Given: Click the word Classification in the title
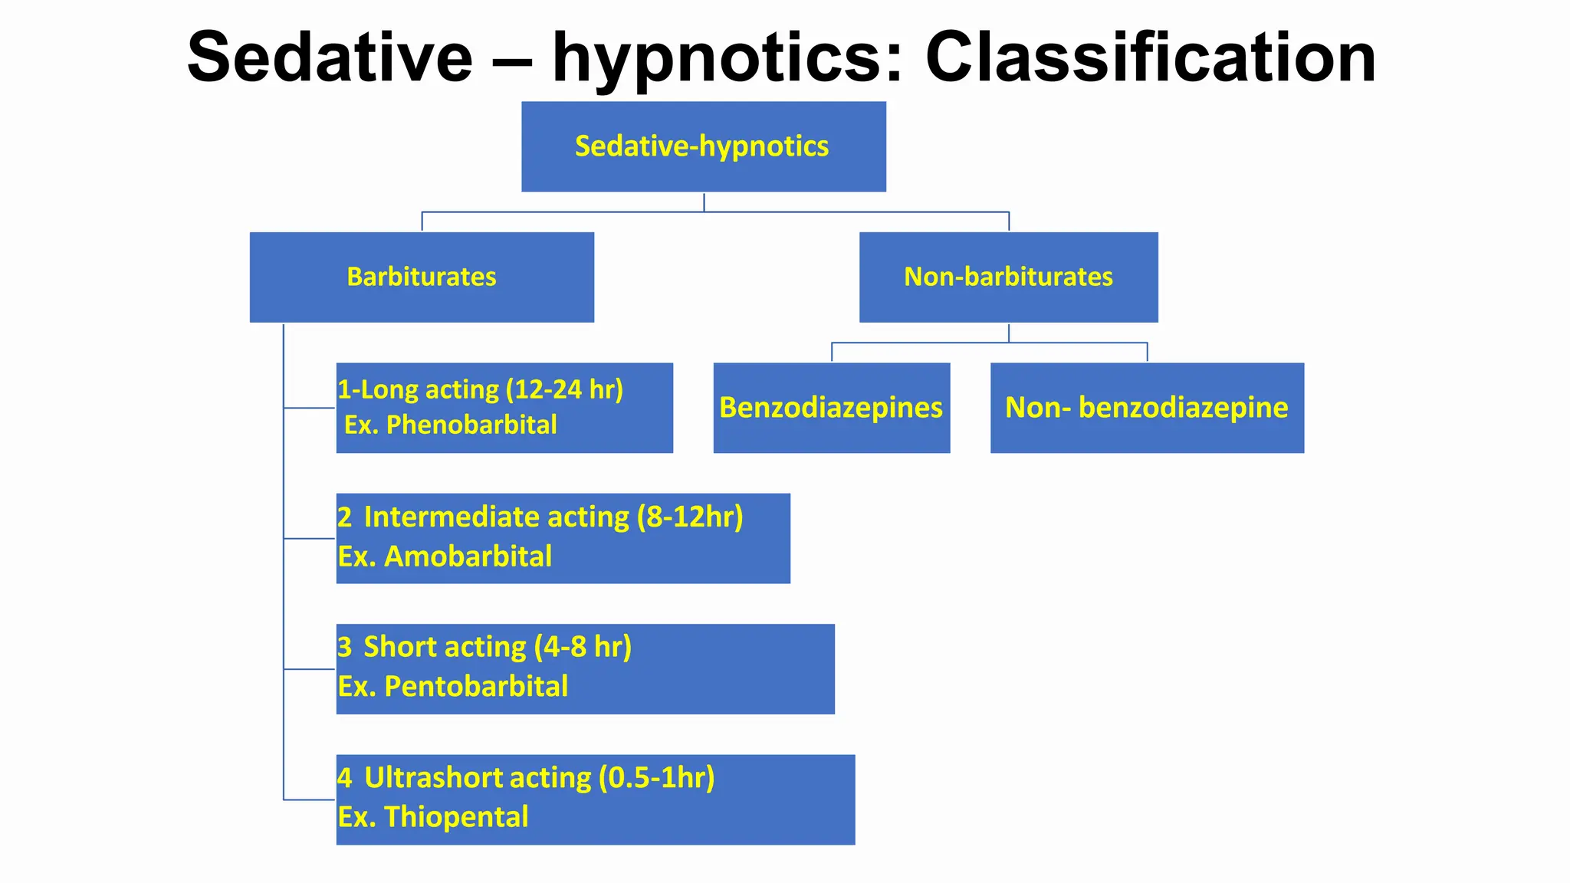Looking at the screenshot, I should coord(1151,57).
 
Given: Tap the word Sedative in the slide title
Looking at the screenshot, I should coord(330,57).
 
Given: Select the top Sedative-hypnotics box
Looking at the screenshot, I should coord(703,146).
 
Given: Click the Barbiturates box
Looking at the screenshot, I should coord(422,277).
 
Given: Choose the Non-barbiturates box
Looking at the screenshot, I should coord(1008,277).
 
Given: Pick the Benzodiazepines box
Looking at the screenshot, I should coord(831,408).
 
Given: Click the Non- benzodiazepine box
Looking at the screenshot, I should coord(1147,408).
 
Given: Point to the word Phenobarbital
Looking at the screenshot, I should coord(471,425).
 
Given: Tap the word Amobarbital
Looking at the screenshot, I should coord(468,556).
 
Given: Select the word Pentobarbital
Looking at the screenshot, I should coord(476,687).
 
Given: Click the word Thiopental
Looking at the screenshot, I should coord(456,817).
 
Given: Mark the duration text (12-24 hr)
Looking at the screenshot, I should coord(564,389).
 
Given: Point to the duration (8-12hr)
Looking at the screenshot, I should coord(690,517).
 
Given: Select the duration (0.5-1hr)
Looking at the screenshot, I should coord(656,778).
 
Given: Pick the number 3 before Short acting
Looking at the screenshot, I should coord(345,648).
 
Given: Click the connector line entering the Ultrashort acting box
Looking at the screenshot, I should coord(310,799).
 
